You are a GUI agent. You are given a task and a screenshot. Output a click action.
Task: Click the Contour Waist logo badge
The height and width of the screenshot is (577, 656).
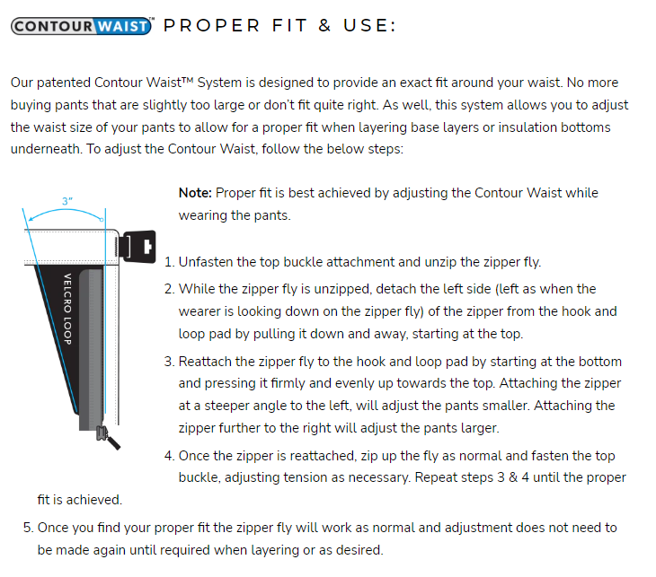tap(81, 26)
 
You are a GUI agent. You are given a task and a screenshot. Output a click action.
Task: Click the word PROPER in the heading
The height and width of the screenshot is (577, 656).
tap(212, 25)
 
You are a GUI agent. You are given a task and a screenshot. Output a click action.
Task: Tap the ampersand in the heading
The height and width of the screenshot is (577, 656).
tap(324, 25)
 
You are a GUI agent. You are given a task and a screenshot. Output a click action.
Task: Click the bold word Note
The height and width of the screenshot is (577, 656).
tap(195, 193)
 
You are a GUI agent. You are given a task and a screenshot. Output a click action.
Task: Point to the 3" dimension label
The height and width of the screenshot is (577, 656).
tap(66, 201)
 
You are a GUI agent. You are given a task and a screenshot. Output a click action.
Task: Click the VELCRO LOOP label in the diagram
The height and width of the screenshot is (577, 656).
tap(67, 309)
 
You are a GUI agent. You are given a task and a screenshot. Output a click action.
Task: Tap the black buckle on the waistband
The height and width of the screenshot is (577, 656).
tap(137, 247)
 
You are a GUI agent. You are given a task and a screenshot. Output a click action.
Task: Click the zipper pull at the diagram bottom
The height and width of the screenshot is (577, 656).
tap(108, 437)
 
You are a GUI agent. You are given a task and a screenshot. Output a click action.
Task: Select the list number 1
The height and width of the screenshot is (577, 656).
tap(169, 262)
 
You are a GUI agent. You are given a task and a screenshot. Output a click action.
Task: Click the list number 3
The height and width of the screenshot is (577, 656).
tap(169, 362)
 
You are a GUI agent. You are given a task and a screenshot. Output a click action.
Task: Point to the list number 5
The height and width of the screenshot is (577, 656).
tap(28, 528)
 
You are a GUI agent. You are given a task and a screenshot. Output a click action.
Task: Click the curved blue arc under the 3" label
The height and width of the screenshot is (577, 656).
tap(66, 210)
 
